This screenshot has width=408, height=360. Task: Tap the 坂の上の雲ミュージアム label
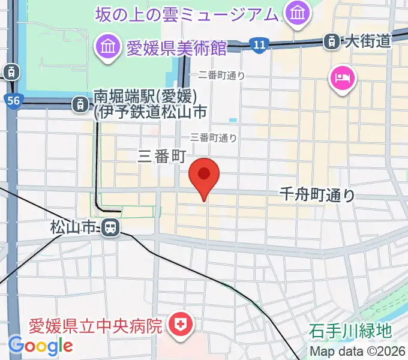click(186, 13)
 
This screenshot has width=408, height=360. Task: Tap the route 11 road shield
click(259, 44)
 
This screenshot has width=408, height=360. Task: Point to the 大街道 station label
click(367, 41)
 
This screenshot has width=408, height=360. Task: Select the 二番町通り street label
click(221, 75)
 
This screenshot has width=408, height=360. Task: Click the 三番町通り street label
click(214, 137)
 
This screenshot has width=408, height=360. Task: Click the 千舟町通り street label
click(317, 194)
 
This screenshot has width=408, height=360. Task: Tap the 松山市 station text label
click(73, 227)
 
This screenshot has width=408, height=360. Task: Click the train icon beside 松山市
click(109, 227)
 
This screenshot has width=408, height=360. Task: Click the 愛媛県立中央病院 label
click(96, 326)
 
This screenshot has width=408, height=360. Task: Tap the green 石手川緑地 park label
click(351, 330)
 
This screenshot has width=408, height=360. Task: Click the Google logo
click(40, 345)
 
